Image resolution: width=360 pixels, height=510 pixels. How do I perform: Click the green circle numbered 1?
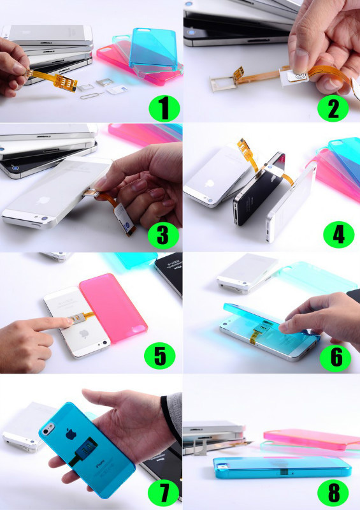(164, 108)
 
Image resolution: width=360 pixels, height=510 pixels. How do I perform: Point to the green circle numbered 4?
(338, 234)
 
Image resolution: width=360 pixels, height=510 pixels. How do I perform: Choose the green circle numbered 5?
(160, 356)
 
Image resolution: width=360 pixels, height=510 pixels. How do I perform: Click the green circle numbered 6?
(335, 358)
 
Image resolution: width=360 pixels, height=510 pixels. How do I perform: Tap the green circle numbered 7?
(163, 492)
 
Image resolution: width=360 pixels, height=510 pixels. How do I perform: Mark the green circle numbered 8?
(333, 492)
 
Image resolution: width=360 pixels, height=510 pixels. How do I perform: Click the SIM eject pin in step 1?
(92, 95)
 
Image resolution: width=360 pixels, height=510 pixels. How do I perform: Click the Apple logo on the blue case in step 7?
(71, 434)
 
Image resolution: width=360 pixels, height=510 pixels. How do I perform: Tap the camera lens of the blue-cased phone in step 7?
(48, 429)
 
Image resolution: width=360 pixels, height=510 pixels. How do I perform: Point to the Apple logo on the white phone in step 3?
(43, 200)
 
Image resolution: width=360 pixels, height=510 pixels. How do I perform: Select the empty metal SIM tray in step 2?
(224, 83)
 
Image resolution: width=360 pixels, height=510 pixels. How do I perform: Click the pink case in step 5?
(113, 307)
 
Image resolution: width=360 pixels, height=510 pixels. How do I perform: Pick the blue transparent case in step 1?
(153, 51)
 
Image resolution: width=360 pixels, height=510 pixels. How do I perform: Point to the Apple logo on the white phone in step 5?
(84, 333)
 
